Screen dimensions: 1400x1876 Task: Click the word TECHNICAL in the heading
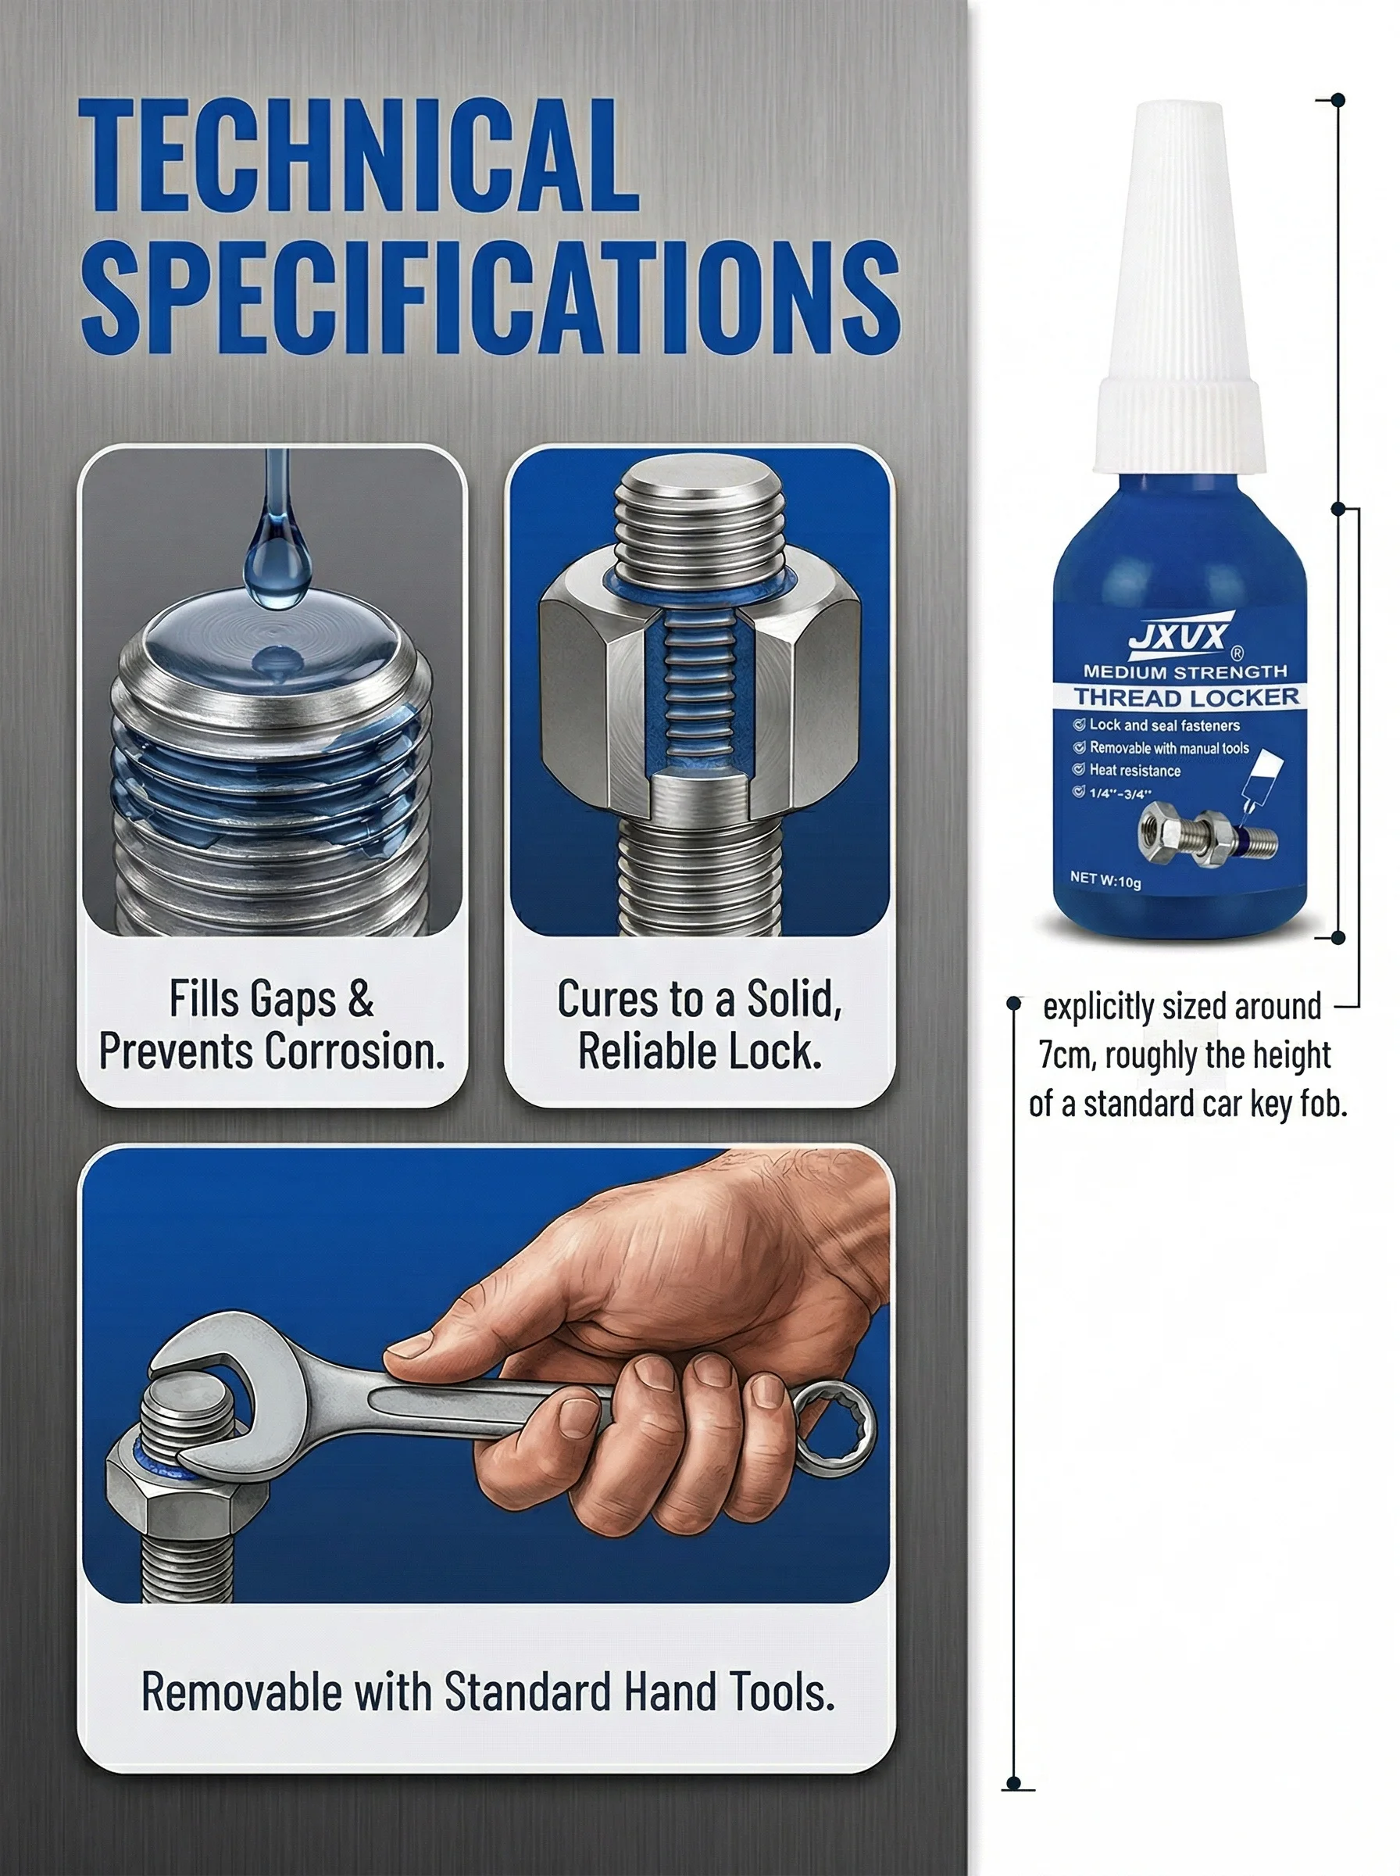coord(359,154)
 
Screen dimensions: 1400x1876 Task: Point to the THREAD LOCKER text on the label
coord(1187,698)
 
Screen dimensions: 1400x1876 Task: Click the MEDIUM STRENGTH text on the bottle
coord(1184,672)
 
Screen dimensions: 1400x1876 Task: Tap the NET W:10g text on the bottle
coord(1105,879)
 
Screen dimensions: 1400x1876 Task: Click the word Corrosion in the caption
coord(355,1051)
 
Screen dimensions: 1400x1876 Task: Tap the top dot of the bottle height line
coord(1338,100)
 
